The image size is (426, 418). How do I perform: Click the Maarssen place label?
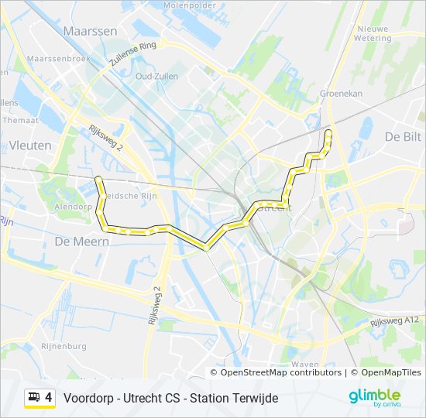[x=90, y=32]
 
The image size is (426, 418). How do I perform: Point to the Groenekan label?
[x=341, y=93]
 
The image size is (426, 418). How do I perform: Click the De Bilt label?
[x=403, y=136]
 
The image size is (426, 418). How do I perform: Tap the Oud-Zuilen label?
[x=156, y=76]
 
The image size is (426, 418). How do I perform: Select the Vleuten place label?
[x=31, y=145]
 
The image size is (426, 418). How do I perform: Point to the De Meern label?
[x=81, y=242]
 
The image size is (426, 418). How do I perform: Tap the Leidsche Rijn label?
[x=132, y=196]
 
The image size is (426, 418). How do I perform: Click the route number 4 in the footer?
[x=49, y=398]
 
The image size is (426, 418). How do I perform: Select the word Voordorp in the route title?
[x=88, y=398]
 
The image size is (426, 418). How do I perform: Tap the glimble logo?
[x=375, y=396]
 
